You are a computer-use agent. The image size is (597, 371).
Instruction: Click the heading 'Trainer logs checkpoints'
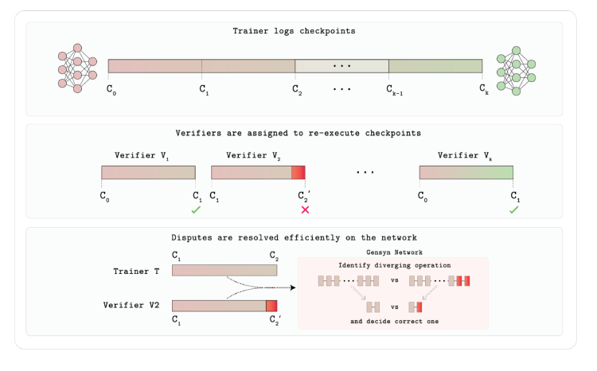point(294,31)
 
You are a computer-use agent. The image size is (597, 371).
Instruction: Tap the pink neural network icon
point(77,68)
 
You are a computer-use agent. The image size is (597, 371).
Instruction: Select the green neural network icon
point(516,71)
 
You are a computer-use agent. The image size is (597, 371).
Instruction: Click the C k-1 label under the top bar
point(395,90)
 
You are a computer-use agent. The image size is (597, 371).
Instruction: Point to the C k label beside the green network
point(484,89)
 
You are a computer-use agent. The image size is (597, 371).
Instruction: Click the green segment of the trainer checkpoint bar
point(435,66)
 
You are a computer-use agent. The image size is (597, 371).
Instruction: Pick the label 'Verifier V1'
point(142,155)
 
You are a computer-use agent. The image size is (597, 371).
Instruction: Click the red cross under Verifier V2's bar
point(305,209)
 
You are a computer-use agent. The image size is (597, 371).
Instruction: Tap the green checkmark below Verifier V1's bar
point(196,210)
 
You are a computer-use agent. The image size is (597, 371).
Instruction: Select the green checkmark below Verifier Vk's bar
point(514,210)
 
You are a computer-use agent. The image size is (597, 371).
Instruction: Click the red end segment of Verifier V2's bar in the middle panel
point(298,173)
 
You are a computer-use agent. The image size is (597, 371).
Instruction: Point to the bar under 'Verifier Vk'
point(466,173)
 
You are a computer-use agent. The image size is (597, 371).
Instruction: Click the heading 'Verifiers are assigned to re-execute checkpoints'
point(298,133)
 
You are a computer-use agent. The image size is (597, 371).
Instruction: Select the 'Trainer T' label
point(136,271)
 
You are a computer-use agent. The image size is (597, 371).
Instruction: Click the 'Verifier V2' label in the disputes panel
point(131,305)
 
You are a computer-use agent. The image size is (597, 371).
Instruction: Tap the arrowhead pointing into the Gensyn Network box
point(293,287)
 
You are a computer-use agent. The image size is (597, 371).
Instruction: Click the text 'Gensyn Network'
point(395,252)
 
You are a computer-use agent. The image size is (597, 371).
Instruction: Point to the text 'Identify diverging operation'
point(395,265)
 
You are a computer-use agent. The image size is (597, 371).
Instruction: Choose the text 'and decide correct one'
point(395,321)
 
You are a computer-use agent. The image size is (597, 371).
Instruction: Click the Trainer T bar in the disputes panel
point(224,271)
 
